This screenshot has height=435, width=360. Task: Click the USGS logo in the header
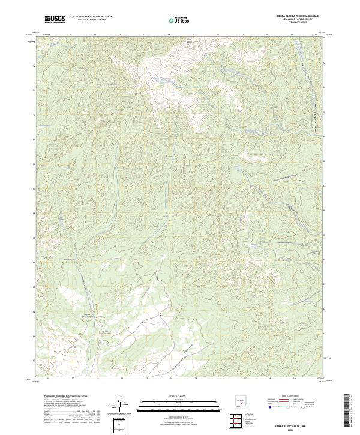pyautogui.click(x=55, y=19)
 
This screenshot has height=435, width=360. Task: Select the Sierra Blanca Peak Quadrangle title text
pyautogui.click(x=298, y=16)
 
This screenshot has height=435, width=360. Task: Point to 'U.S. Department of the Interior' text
pyautogui.click(x=91, y=17)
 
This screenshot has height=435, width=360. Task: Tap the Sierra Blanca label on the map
pyautogui.click(x=190, y=41)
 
